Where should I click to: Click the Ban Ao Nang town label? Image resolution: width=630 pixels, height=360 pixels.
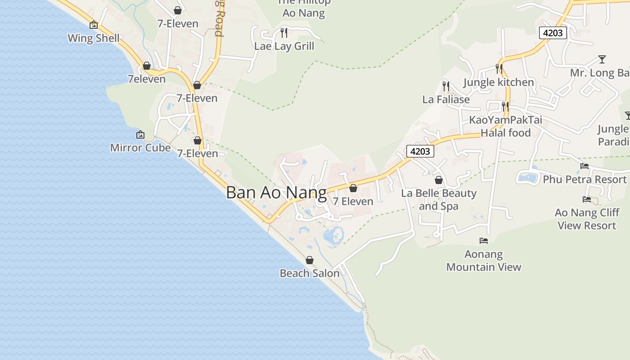pyautogui.click(x=276, y=193)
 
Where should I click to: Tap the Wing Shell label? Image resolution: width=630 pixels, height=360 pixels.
pyautogui.click(x=94, y=38)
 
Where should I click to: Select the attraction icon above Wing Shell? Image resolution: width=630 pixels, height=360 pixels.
pyautogui.click(x=94, y=25)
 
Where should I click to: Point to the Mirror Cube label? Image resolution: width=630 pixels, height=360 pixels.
pyautogui.click(x=140, y=148)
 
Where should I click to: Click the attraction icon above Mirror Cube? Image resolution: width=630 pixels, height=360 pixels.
pyautogui.click(x=140, y=135)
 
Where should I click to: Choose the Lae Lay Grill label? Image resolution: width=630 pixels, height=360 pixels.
pyautogui.click(x=284, y=46)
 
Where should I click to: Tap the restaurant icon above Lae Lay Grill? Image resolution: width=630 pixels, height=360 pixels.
pyautogui.click(x=284, y=32)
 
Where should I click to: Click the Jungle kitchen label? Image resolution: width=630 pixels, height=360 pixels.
pyautogui.click(x=499, y=82)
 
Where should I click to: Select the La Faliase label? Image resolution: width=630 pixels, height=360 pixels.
pyautogui.click(x=446, y=99)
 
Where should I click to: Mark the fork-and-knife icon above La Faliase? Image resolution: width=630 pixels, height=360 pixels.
pyautogui.click(x=446, y=86)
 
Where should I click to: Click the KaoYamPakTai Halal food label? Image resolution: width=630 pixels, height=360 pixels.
pyautogui.click(x=506, y=126)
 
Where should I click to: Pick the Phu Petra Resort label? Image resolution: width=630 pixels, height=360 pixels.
pyautogui.click(x=585, y=180)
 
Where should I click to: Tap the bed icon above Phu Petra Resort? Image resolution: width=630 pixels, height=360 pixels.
pyautogui.click(x=585, y=166)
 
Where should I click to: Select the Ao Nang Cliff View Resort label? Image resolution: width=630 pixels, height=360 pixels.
pyautogui.click(x=587, y=219)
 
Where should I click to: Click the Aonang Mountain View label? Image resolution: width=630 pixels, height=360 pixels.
pyautogui.click(x=484, y=261)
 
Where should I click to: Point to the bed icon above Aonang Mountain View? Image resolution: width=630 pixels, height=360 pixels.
pyautogui.click(x=484, y=241)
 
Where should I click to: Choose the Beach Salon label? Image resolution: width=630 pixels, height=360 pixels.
pyautogui.click(x=310, y=273)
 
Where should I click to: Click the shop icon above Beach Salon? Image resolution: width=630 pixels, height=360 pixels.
pyautogui.click(x=310, y=260)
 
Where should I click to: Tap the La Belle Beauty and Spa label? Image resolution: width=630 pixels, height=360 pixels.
pyautogui.click(x=439, y=200)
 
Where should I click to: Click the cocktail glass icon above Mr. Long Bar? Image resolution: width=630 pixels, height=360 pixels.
pyautogui.click(x=602, y=59)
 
